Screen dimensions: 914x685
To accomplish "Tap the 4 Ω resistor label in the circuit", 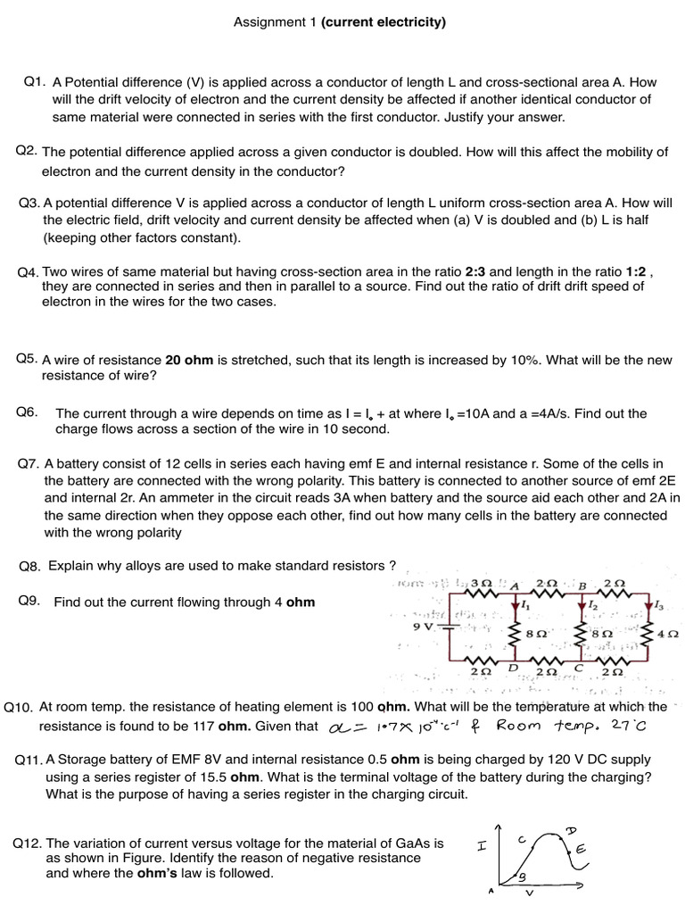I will click(668, 634).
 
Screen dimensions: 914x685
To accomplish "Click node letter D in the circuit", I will click(513, 667).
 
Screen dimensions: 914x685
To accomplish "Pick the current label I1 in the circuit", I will click(525, 605).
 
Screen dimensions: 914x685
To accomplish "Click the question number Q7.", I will click(29, 464).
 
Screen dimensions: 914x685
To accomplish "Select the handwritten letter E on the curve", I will click(580, 852).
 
